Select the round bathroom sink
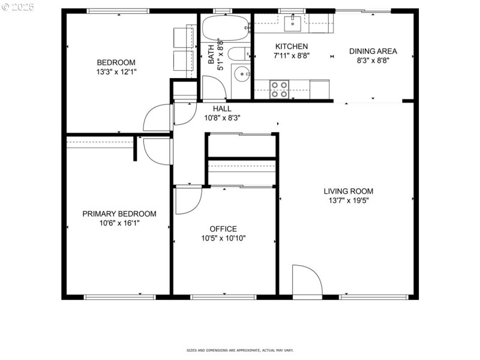pos(242,74)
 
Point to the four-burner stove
pos(279,89)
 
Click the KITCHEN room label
pos(292,47)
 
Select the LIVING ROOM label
pos(348,191)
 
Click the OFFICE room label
pos(223,229)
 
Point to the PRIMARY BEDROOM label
pos(119,214)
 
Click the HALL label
pos(222,109)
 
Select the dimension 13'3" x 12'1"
pos(116,72)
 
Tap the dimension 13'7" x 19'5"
pos(348,201)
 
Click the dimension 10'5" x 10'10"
pos(223,238)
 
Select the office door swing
pos(187,200)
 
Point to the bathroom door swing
pos(213,88)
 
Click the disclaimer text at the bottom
pos(240,350)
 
